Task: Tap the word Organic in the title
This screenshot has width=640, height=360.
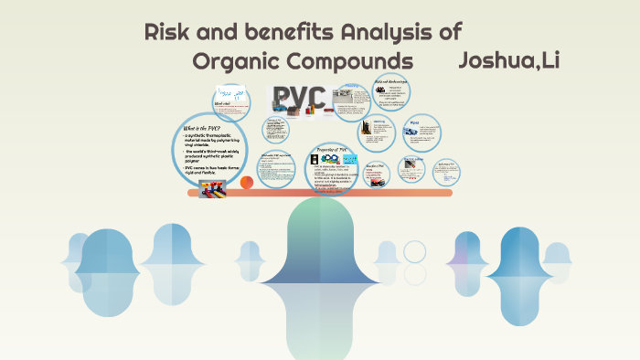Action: (x=236, y=62)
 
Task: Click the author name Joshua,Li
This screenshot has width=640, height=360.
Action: (x=509, y=61)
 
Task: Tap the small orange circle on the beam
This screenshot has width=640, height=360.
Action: (x=246, y=183)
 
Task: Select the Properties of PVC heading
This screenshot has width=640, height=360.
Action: (x=332, y=149)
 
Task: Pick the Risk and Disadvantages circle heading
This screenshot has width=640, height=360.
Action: (x=391, y=82)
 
